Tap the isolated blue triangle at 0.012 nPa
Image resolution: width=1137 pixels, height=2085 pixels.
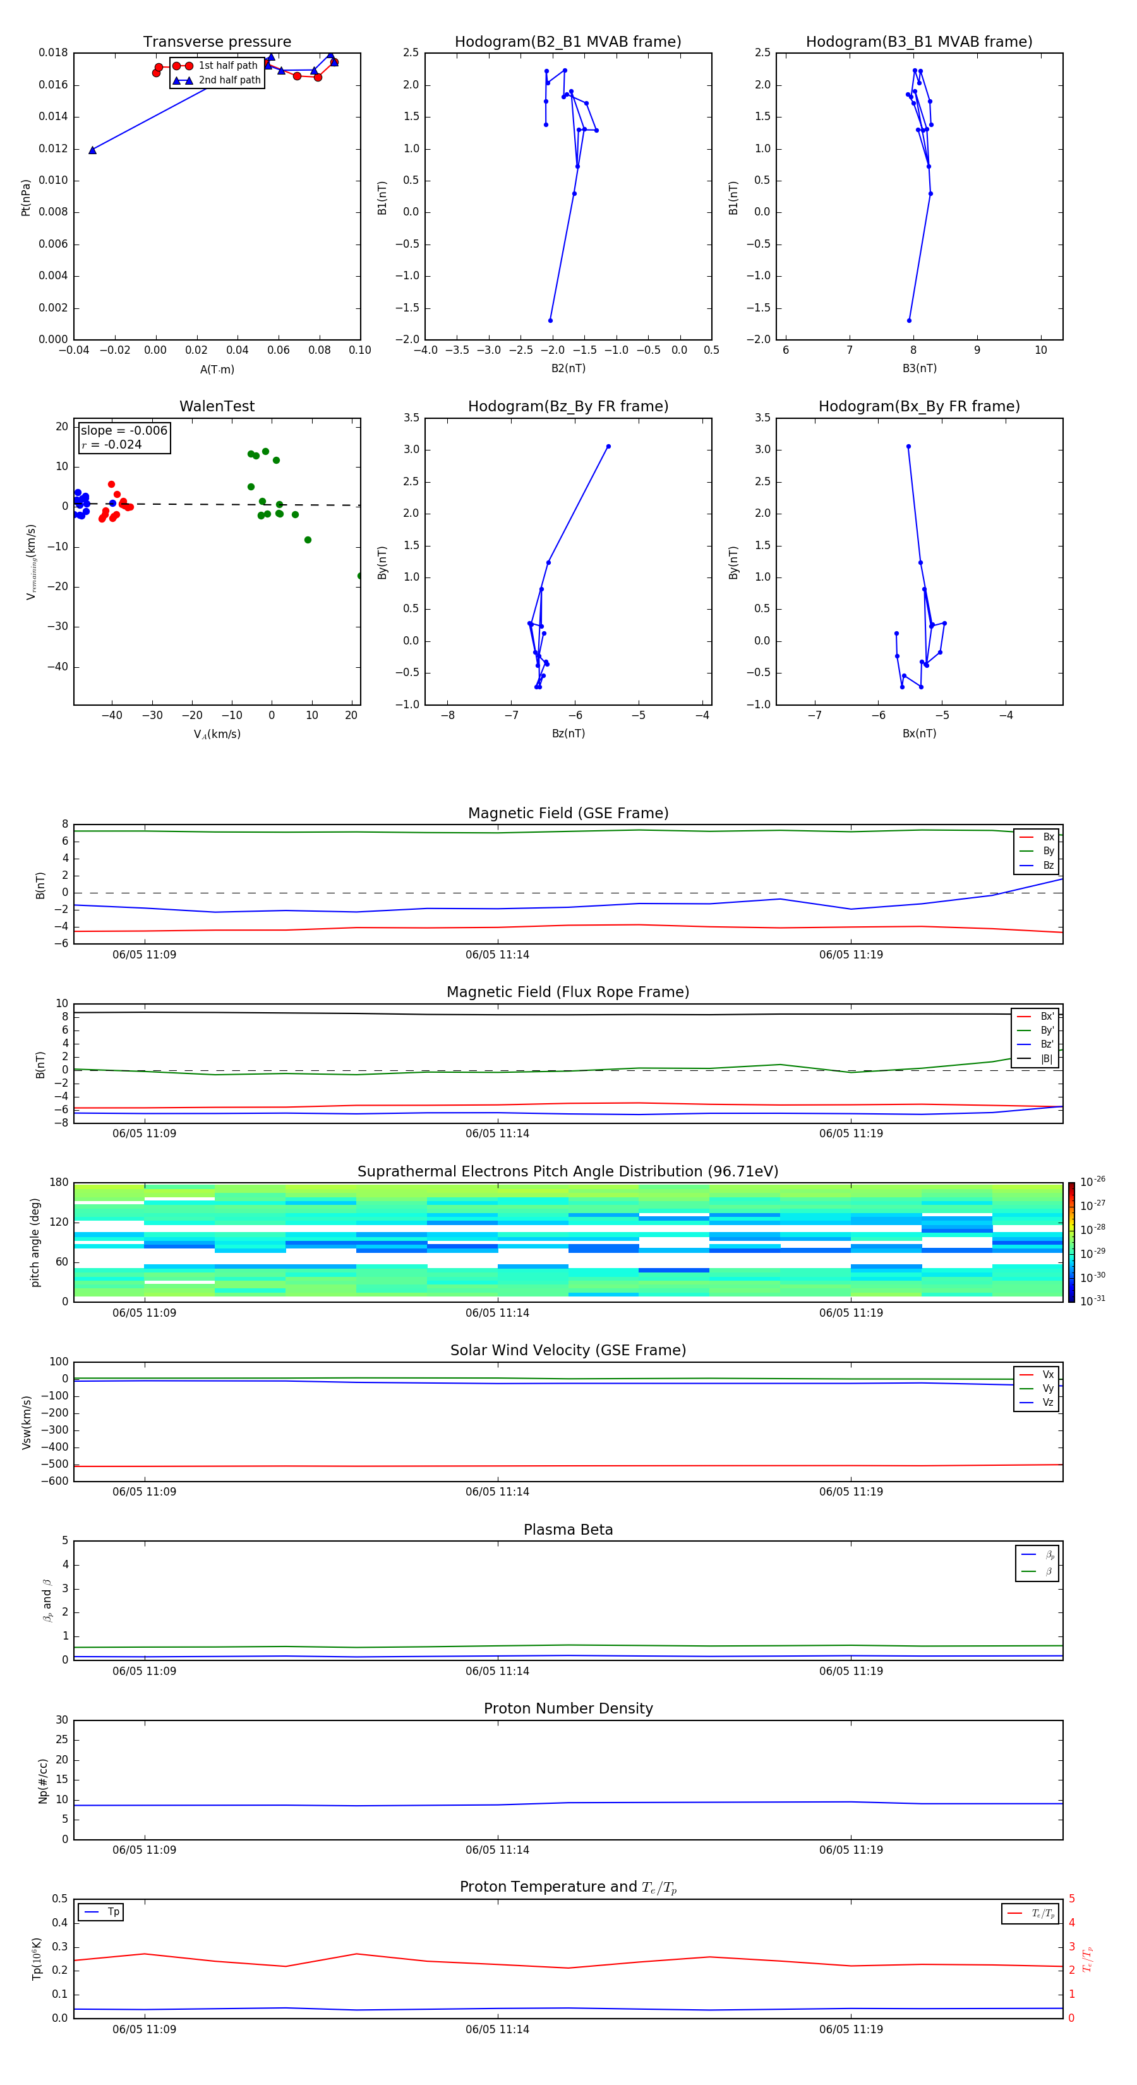pyautogui.click(x=92, y=150)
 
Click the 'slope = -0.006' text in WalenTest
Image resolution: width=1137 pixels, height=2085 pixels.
pyautogui.click(x=124, y=431)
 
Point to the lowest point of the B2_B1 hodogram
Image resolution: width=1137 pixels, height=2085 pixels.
pyautogui.click(x=550, y=320)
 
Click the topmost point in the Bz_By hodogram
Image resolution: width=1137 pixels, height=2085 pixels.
pyautogui.click(x=608, y=446)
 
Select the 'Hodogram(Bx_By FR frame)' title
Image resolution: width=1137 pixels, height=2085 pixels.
pyautogui.click(x=918, y=406)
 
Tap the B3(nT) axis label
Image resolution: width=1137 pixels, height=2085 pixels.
pyautogui.click(x=919, y=368)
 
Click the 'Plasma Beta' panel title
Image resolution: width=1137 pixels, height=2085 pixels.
pyautogui.click(x=568, y=1530)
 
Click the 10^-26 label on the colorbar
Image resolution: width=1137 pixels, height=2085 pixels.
pyautogui.click(x=1093, y=1181)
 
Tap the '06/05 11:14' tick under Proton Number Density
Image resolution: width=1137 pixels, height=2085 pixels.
pyautogui.click(x=497, y=1849)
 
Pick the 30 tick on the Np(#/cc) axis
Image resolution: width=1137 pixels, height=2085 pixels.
pyautogui.click(x=61, y=1720)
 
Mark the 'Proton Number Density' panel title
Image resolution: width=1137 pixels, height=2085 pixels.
pyautogui.click(x=568, y=1708)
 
